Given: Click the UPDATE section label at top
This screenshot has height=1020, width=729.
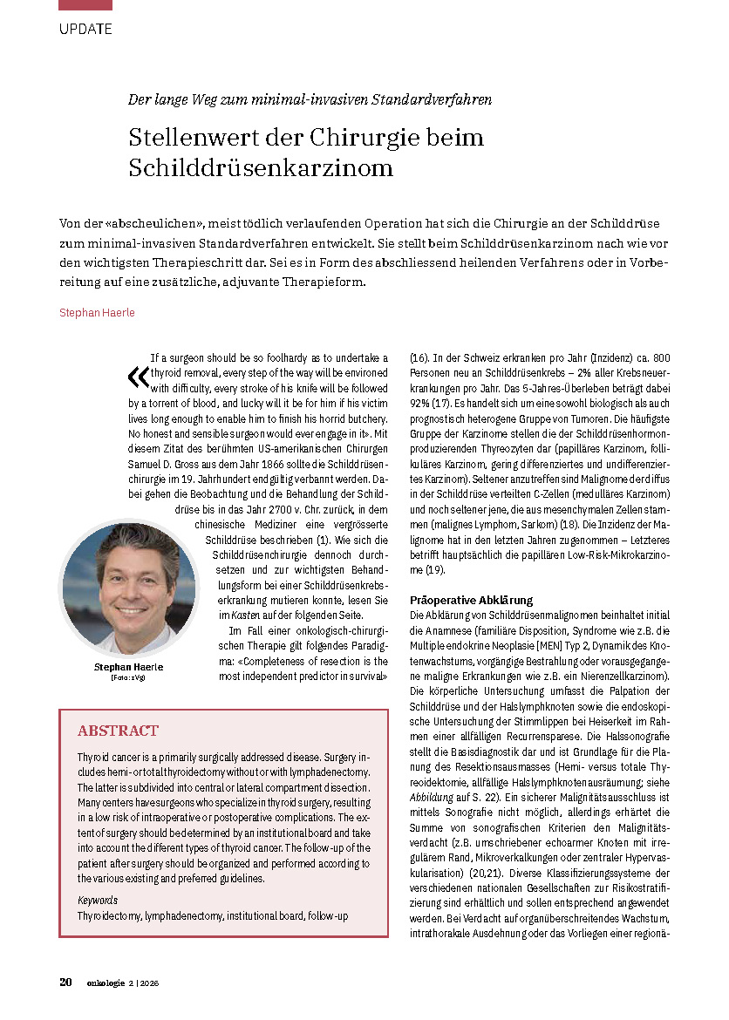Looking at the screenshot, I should (85, 29).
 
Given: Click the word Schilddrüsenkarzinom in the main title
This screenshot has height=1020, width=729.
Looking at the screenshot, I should (261, 167).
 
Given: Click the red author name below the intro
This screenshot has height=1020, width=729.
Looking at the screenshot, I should (97, 311).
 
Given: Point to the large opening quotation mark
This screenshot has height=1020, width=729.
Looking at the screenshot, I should (137, 376).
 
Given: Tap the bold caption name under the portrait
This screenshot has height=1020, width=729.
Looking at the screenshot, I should (129, 667).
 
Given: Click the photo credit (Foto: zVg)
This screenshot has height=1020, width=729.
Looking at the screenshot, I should (129, 677).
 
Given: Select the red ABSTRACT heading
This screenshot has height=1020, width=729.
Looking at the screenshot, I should (118, 731).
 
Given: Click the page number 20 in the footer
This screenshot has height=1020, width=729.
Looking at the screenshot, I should (65, 983).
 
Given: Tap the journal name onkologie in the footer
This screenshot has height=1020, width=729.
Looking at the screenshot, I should (106, 983).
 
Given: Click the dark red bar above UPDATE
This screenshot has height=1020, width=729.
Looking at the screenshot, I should (85, 4).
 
